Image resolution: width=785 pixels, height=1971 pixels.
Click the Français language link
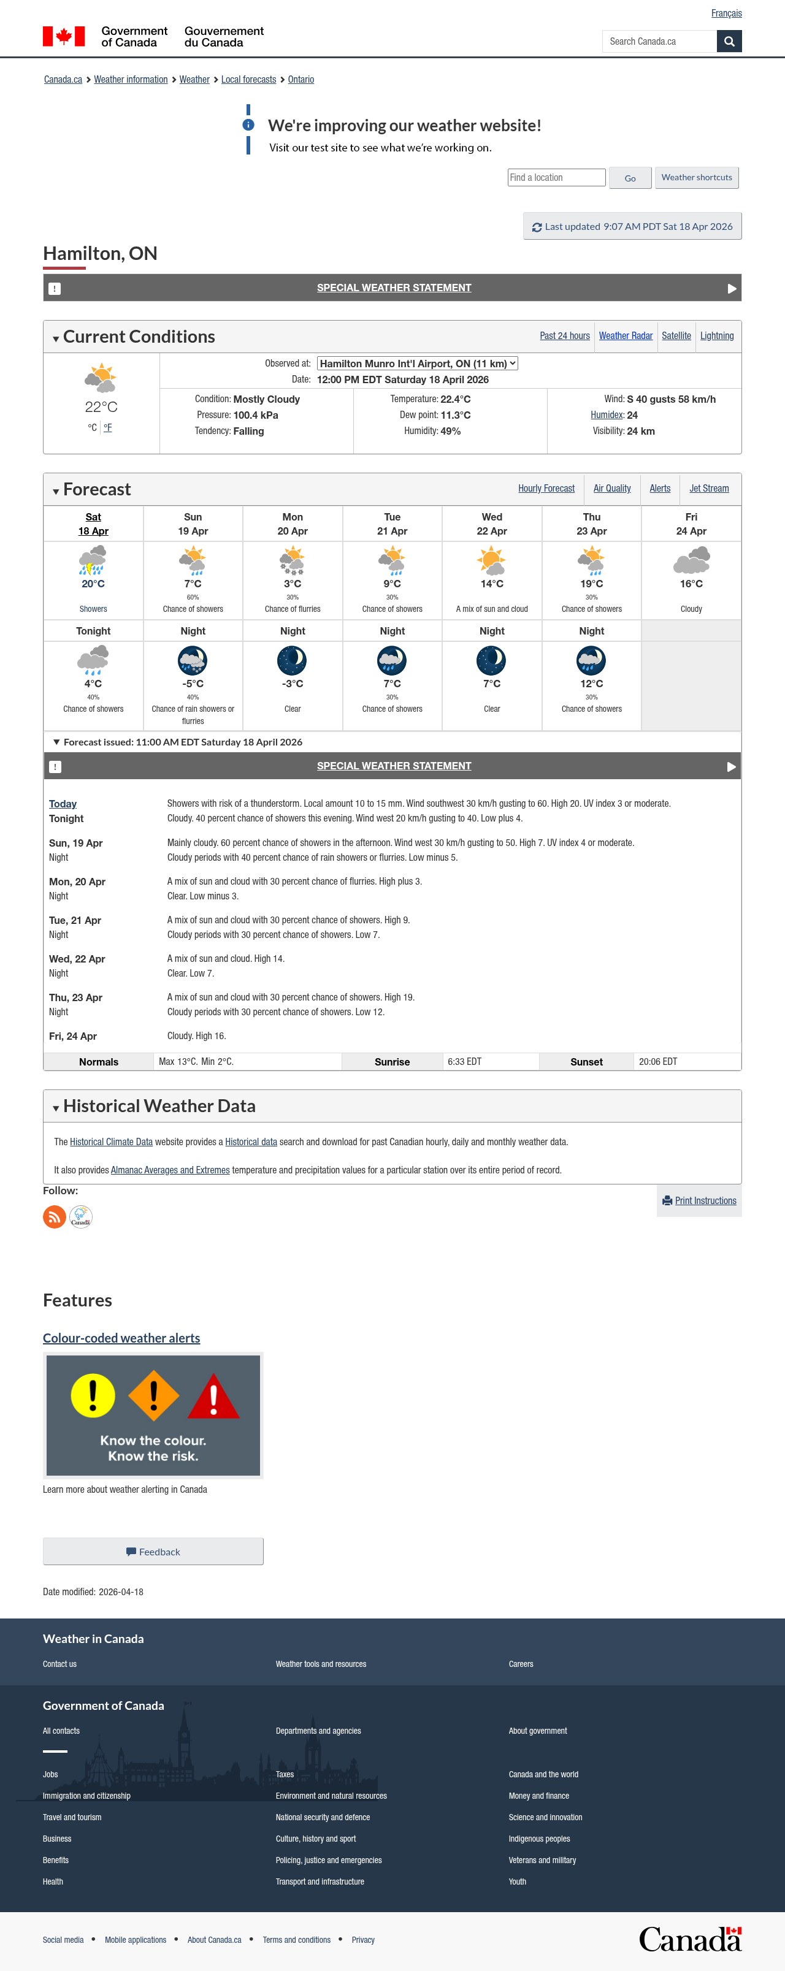726,13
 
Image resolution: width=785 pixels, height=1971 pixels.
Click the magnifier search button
729,41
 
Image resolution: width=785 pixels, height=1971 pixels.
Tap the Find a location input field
556,178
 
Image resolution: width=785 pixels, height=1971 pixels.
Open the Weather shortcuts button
696,178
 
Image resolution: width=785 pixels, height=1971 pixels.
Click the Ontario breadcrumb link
301,80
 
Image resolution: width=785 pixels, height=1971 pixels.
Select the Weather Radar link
625,336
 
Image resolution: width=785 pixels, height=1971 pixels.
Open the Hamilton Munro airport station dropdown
417,364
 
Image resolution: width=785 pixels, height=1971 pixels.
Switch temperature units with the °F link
108,428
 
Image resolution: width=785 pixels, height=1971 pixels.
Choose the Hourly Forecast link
546,489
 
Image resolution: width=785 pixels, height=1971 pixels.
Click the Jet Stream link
708,489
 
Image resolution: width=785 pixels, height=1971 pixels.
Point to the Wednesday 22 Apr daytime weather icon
492,561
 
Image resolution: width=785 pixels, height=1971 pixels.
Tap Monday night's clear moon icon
293,660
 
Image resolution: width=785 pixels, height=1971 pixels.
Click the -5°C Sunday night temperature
193,684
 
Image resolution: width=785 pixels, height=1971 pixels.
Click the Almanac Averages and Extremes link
170,1170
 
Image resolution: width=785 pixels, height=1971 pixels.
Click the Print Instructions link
705,1200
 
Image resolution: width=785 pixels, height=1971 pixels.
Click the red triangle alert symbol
213,1397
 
